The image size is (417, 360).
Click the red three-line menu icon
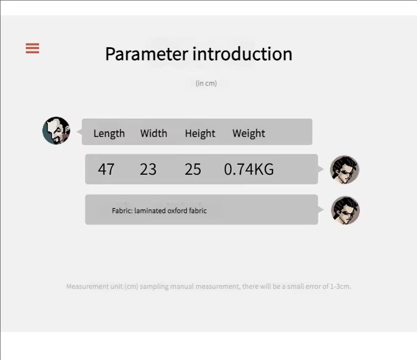click(x=32, y=48)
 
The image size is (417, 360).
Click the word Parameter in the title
click(x=147, y=54)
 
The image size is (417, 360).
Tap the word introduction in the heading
click(x=242, y=54)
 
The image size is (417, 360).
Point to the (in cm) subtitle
click(x=206, y=83)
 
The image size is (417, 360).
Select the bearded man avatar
click(x=56, y=131)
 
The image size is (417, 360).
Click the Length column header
click(x=109, y=134)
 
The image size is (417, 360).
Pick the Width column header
click(x=153, y=133)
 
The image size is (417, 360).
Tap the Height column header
click(x=200, y=134)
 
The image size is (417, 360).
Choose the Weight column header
click(x=249, y=134)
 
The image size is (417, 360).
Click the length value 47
click(x=106, y=169)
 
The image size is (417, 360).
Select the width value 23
click(x=148, y=169)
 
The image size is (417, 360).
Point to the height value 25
click(x=193, y=169)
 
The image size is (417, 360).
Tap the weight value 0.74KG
click(x=249, y=169)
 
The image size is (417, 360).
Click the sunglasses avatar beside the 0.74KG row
click(x=345, y=170)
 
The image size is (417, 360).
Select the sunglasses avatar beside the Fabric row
click(x=345, y=210)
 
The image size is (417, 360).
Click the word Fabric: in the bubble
click(x=122, y=211)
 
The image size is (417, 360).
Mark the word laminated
click(x=150, y=211)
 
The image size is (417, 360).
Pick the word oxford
click(x=177, y=211)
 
